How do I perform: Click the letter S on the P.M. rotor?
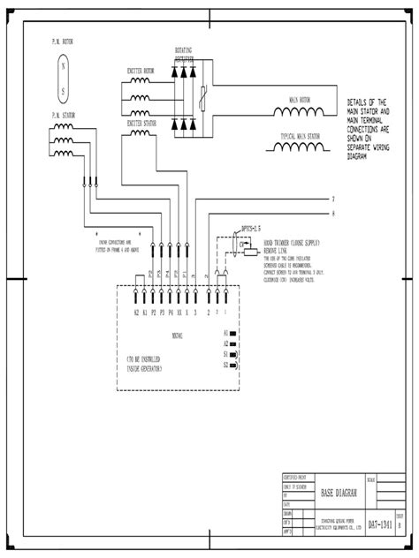62,91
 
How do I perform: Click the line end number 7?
332,199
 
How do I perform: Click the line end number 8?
332,213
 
